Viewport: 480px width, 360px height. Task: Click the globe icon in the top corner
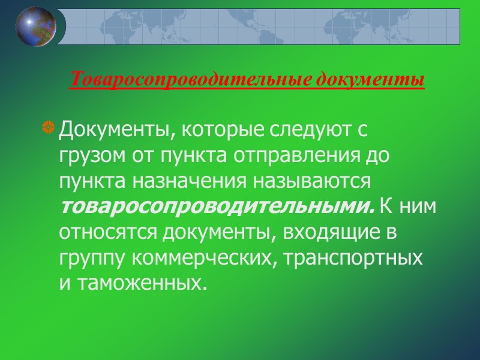point(36,26)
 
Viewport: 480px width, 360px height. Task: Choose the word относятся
point(104,233)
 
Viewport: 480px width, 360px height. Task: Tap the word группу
point(92,259)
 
